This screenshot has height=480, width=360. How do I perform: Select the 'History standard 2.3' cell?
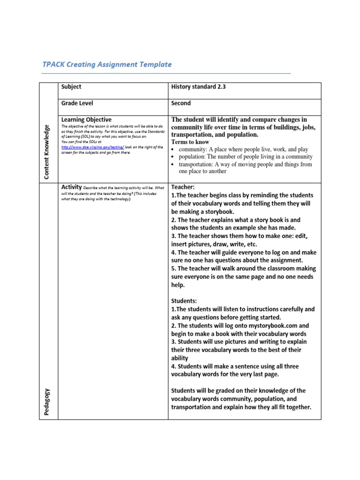click(x=198, y=87)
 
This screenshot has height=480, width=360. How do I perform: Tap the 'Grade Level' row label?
click(x=77, y=103)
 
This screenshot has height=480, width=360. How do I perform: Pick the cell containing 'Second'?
click(x=181, y=103)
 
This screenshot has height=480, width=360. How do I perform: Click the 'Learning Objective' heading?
click(x=86, y=120)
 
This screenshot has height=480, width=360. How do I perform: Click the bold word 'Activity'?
click(x=71, y=187)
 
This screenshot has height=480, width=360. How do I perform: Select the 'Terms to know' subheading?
click(x=190, y=142)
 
